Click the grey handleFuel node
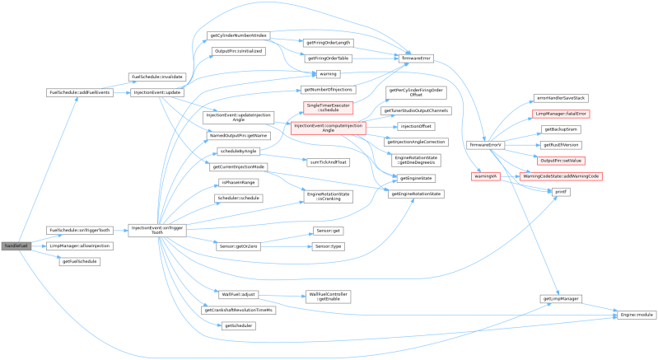click(16, 245)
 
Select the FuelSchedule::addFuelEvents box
click(80, 92)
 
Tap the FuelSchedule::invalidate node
click(156, 77)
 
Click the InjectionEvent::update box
click(156, 92)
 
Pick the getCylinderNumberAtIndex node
click(238, 35)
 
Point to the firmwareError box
click(415, 58)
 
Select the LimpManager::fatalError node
click(561, 113)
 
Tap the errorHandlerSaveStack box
click(561, 98)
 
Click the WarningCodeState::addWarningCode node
click(561, 176)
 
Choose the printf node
click(561, 191)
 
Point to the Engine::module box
click(636, 315)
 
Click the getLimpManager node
click(561, 298)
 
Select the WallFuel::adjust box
click(238, 294)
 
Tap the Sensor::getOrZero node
click(238, 246)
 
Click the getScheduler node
click(238, 325)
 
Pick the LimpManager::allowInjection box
click(80, 245)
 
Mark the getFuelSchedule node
click(80, 261)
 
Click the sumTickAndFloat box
click(329, 161)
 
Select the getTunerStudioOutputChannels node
click(415, 110)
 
